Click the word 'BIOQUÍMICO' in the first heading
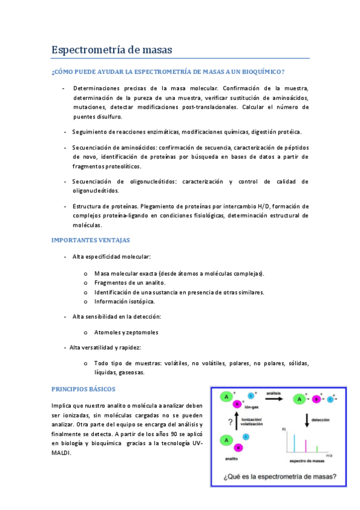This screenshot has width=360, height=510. coord(258,72)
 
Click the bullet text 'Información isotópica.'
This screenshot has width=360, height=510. coord(124,301)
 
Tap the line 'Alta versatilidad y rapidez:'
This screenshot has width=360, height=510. coord(105,348)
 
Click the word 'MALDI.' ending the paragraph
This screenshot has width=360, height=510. coord(62,453)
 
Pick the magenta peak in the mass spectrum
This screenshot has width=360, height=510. coord(307,446)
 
